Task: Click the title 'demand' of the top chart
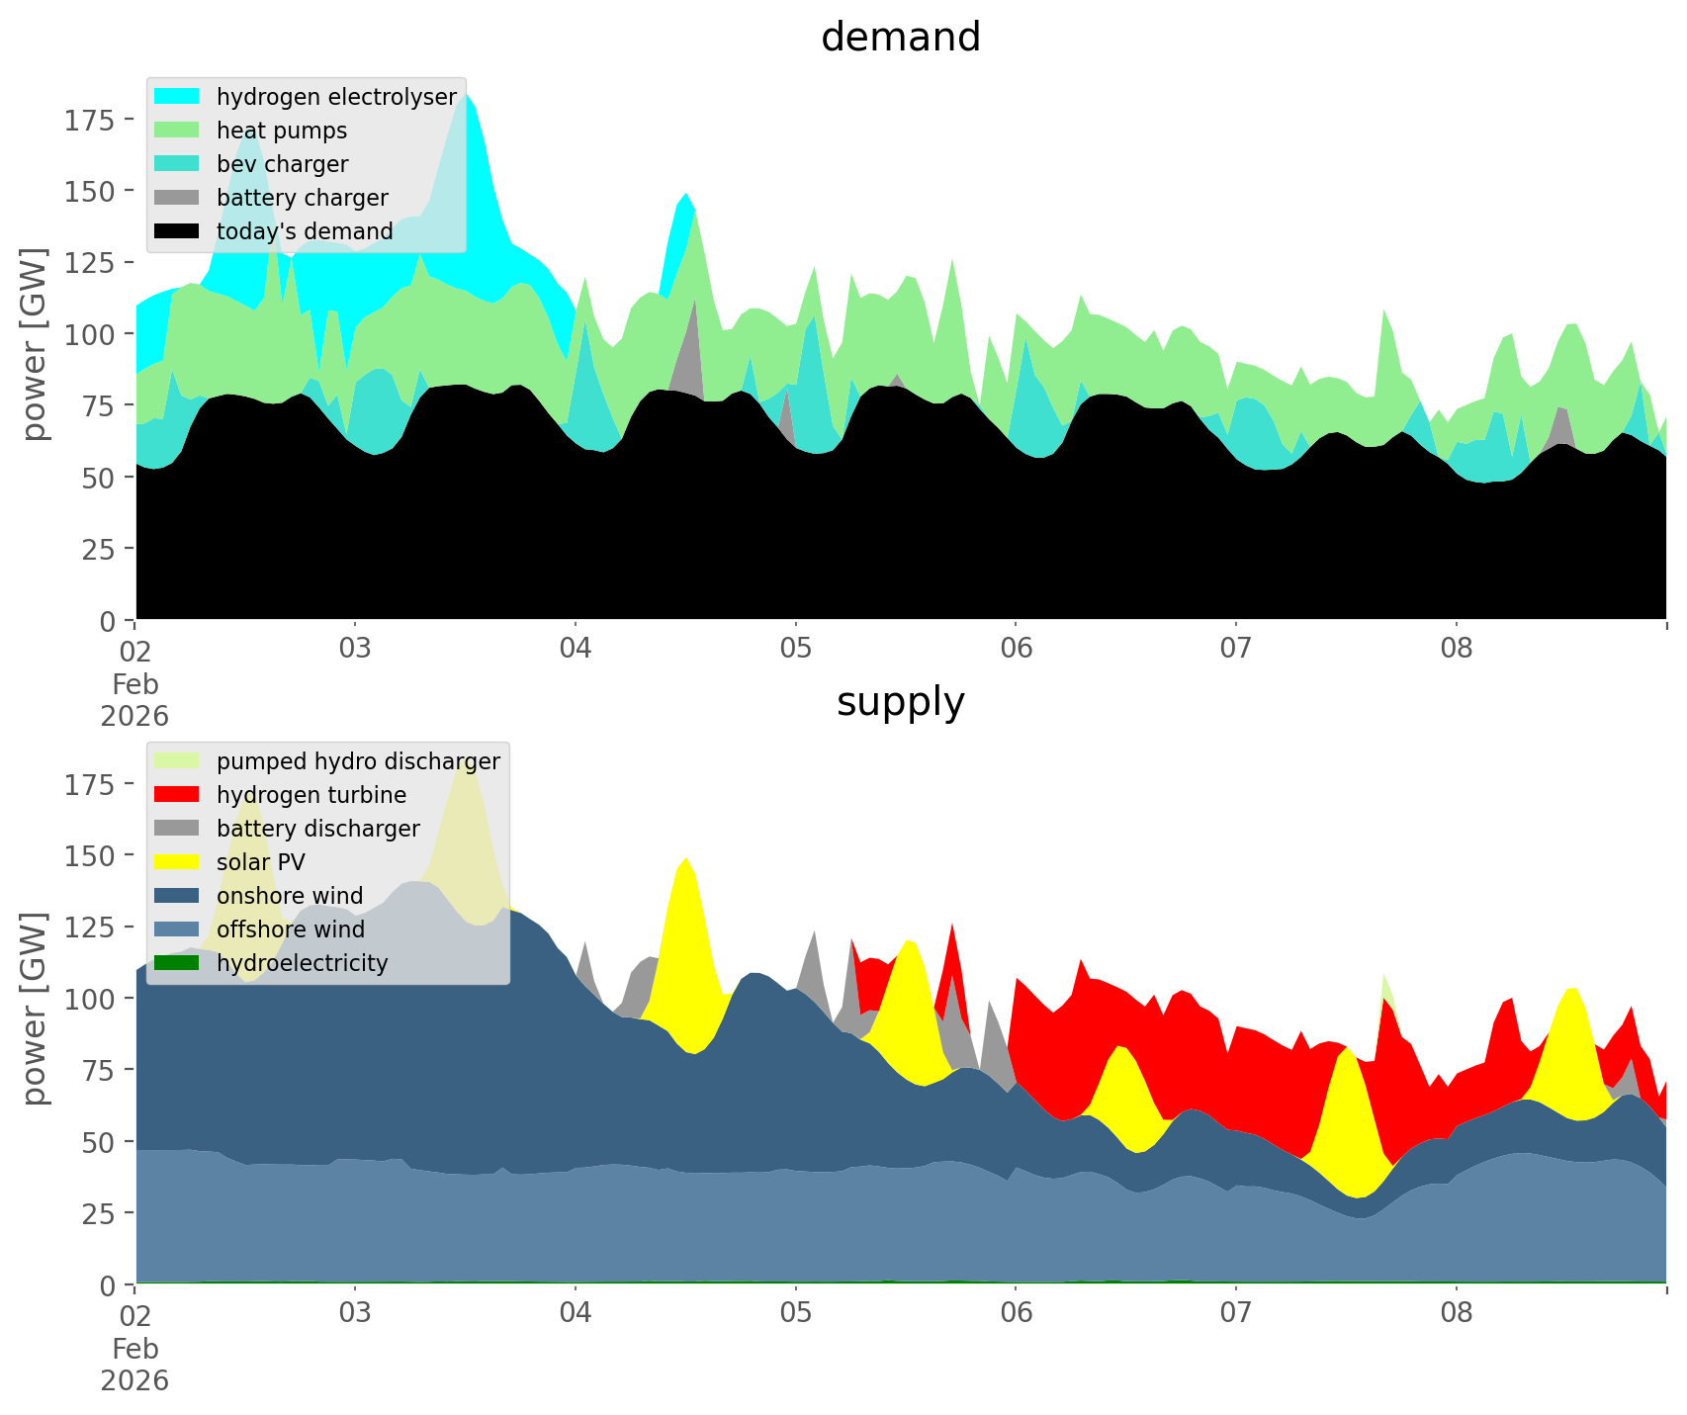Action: [900, 38]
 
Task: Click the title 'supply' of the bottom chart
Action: [900, 702]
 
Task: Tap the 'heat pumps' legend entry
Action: [281, 131]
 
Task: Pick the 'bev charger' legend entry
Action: [282, 164]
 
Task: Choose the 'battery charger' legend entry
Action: [302, 198]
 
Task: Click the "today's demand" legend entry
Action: [305, 231]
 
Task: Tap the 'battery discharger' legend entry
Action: [317, 829]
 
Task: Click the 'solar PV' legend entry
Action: [260, 862]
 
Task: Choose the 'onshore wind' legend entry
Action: [289, 896]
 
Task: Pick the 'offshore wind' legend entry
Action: [290, 929]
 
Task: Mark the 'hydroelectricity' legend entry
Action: [302, 963]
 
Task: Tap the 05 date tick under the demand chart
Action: [795, 650]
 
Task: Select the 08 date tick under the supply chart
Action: [1456, 1314]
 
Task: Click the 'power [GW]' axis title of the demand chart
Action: [36, 344]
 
